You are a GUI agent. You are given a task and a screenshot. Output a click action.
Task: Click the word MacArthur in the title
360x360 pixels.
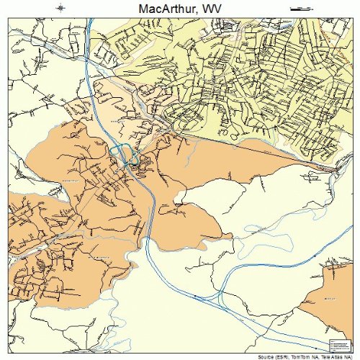click(160, 8)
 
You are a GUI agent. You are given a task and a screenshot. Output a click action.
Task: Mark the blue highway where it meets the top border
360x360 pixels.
click(88, 18)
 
